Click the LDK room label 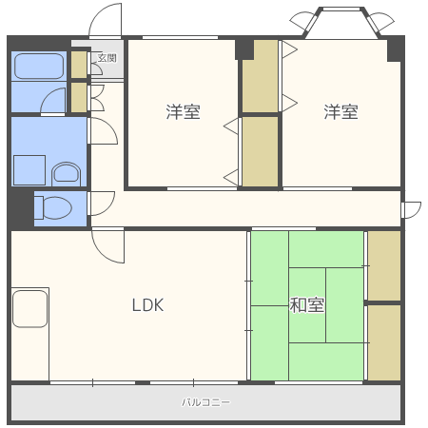pyautogui.click(x=147, y=305)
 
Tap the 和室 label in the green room pyautogui.click(x=307, y=305)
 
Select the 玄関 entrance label pyautogui.click(x=107, y=58)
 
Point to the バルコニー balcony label pyautogui.click(x=206, y=402)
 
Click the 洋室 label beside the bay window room pyautogui.click(x=340, y=111)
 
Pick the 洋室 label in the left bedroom pyautogui.click(x=184, y=111)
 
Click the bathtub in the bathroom pyautogui.click(x=39, y=66)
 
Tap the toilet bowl pyautogui.click(x=53, y=208)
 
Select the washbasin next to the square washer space pyautogui.click(x=66, y=174)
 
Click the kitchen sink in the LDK pyautogui.click(x=30, y=308)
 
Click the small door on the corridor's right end pyautogui.click(x=412, y=210)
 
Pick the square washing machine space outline pyautogui.click(x=29, y=170)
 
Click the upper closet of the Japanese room pyautogui.click(x=384, y=265)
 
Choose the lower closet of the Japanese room pyautogui.click(x=384, y=342)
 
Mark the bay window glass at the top pyautogui.click(x=341, y=9)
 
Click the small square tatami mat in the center pyautogui.click(x=307, y=305)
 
